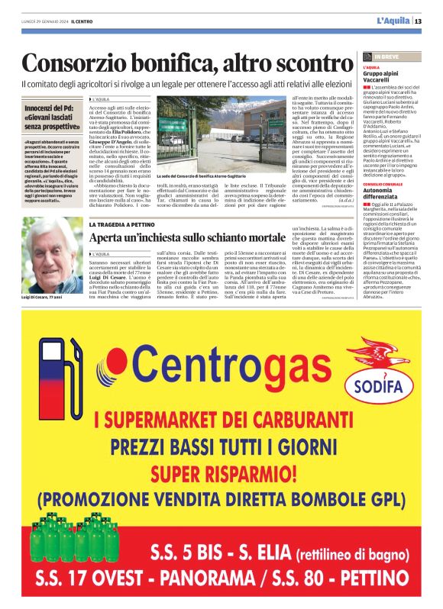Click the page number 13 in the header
(x=418, y=21)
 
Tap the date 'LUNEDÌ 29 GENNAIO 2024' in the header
(x=44, y=21)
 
